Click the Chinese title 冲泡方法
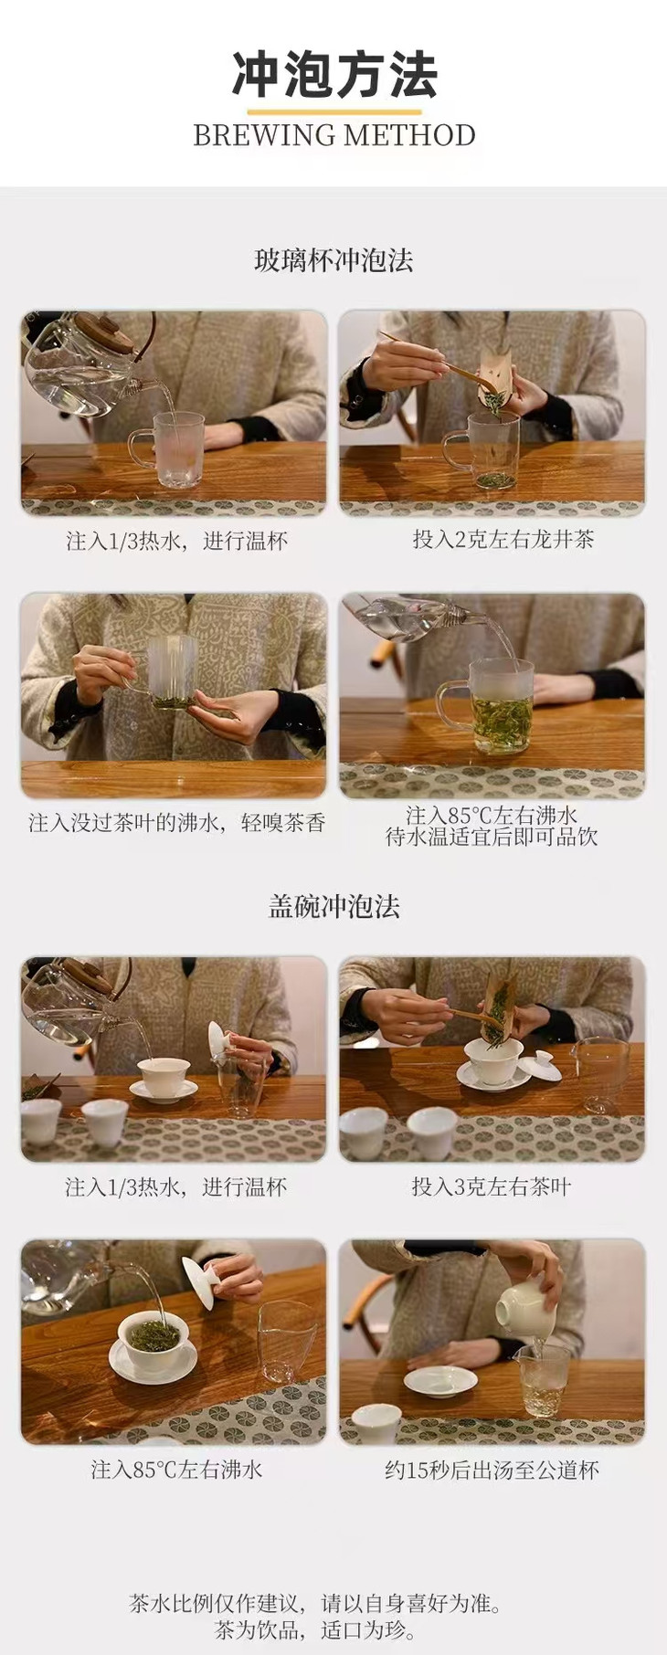coord(333,74)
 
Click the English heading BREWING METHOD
coord(333,135)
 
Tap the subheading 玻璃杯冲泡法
coord(333,260)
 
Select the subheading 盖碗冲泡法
coord(333,906)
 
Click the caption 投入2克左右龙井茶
coord(503,539)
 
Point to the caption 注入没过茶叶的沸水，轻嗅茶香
coord(176,822)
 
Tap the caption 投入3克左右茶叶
coord(491,1186)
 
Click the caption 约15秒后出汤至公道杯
coord(492,1470)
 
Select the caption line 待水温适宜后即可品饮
coord(492,837)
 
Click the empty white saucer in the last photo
coord(440,1382)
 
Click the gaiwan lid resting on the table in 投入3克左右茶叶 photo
coord(540,1066)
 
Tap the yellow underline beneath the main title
coord(333,111)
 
